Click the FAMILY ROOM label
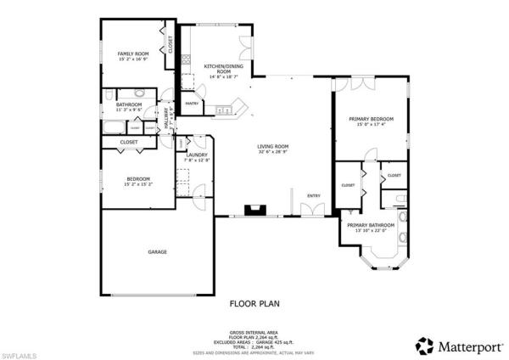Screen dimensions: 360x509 point(133,53)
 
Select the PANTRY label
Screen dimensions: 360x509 point(193,104)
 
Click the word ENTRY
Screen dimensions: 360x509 point(314,196)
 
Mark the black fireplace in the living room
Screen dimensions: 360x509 point(253,209)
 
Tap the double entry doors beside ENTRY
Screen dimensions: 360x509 point(306,209)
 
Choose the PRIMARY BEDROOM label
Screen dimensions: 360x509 point(371,119)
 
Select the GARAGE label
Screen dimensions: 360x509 point(157,252)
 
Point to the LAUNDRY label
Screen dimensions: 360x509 point(196,155)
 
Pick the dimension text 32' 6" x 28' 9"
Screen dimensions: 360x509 point(273,153)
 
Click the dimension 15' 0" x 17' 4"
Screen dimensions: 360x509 point(371,125)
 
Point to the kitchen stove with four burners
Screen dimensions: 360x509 point(224,109)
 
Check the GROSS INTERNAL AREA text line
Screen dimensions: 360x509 point(255,332)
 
